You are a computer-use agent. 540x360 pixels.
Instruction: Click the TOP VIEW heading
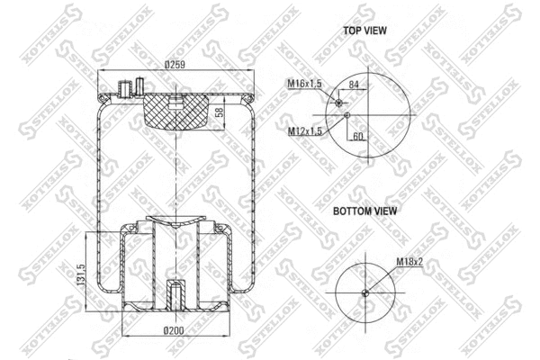tap(364, 31)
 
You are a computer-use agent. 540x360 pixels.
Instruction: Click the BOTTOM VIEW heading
tap(365, 211)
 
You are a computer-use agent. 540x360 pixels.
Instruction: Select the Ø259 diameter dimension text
tap(176, 65)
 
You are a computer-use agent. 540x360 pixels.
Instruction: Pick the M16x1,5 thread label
tap(305, 84)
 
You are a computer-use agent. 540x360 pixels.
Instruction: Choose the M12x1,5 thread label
tap(305, 132)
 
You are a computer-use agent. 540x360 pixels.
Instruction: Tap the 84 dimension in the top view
tap(355, 85)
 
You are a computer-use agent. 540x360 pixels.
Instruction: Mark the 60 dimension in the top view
tap(357, 137)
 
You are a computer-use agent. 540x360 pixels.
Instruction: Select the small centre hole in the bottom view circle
tap(365, 292)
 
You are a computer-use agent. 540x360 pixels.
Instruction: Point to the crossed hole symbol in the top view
tap(339, 103)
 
